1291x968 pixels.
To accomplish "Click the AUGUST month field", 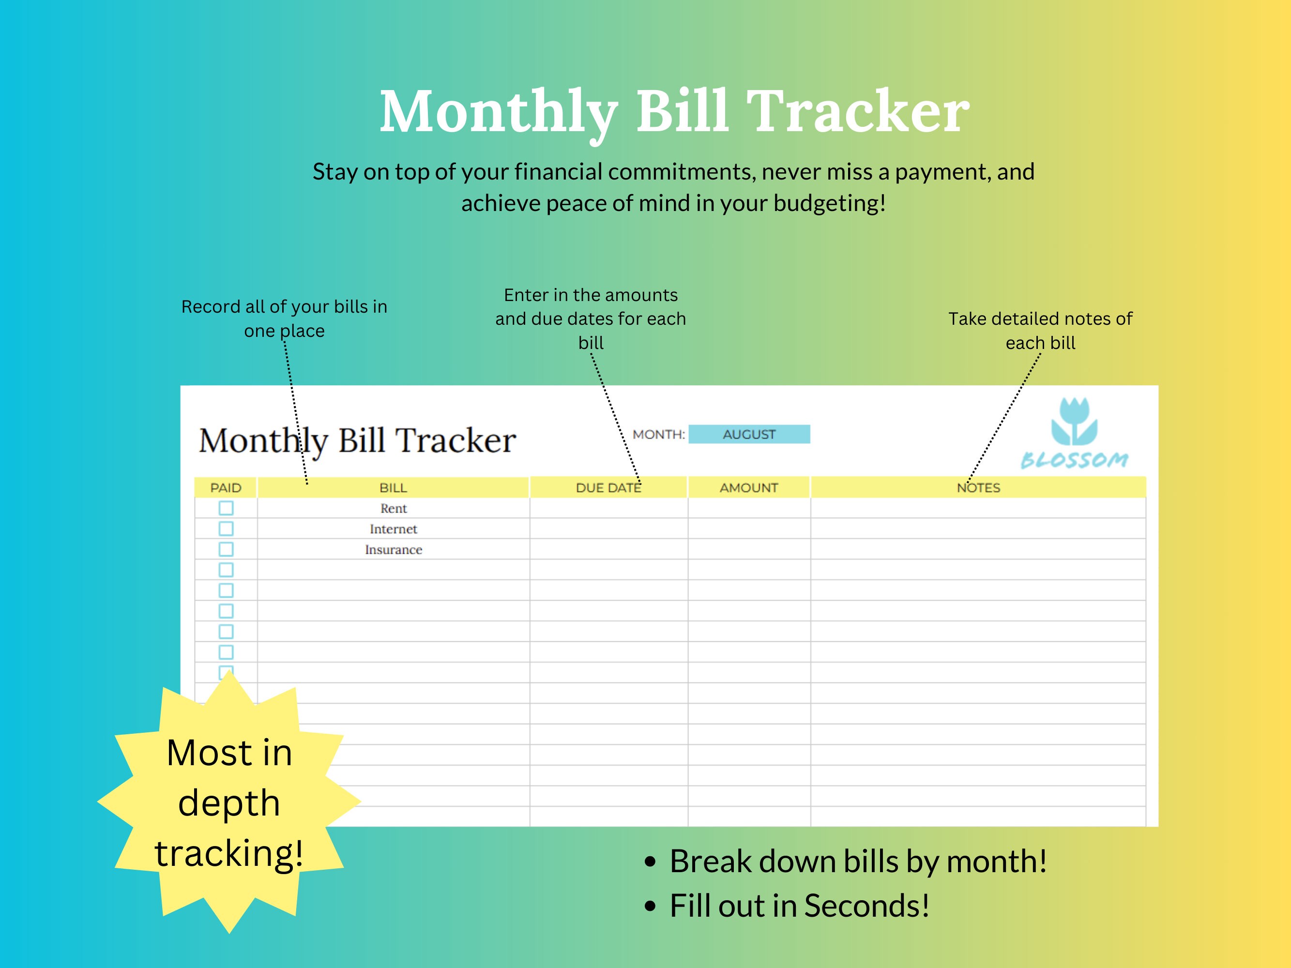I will [749, 434].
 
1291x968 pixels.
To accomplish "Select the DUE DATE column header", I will [608, 488].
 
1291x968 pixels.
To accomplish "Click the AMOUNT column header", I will [749, 488].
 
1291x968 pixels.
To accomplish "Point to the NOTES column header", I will [978, 488].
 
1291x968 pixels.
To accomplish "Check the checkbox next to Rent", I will [226, 508].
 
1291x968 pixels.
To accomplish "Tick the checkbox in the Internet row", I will [226, 529].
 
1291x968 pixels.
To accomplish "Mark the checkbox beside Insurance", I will [226, 549].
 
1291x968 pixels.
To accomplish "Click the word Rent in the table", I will [394, 508].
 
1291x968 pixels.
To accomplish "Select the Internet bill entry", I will [394, 529].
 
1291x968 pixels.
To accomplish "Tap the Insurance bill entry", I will [394, 550].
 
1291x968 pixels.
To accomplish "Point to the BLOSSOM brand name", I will [1075, 460].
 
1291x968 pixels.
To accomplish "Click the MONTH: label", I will [658, 435].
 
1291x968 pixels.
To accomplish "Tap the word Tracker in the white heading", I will [858, 111].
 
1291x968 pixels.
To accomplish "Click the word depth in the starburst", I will [229, 803].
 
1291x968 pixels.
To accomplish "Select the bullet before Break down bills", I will [650, 862].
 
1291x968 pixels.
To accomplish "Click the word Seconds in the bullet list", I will [866, 906].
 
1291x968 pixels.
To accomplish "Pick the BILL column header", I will [394, 488].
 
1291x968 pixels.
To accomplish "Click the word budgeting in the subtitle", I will [829, 204].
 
